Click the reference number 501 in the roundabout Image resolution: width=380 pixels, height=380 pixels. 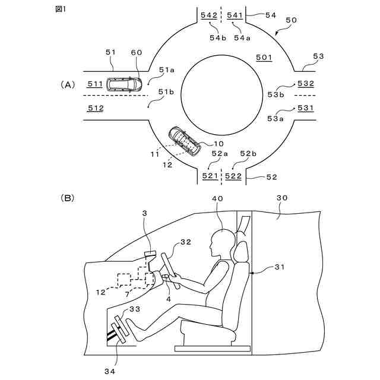click(x=264, y=58)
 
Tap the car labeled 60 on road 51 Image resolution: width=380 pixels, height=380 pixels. click(x=123, y=84)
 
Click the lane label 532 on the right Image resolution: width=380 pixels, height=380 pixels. click(x=306, y=84)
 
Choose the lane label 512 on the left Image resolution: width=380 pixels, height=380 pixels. click(x=96, y=108)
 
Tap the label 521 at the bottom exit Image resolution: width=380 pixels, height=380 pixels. click(x=210, y=176)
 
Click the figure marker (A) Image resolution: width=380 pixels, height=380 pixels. click(x=68, y=85)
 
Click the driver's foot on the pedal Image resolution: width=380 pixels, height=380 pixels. click(x=132, y=327)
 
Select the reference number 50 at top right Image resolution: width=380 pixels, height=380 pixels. click(x=292, y=20)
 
